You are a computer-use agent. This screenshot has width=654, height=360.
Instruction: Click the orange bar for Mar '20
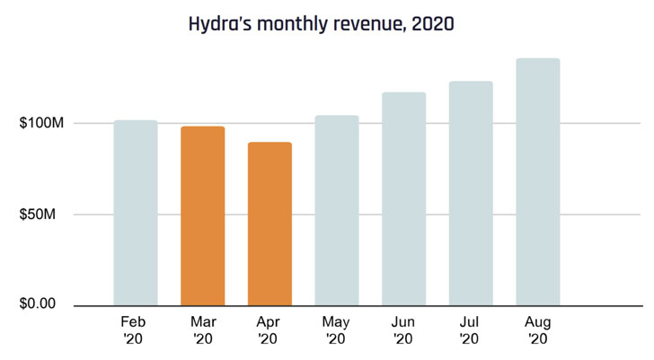[202, 215]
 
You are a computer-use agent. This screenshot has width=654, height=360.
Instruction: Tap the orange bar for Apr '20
[270, 224]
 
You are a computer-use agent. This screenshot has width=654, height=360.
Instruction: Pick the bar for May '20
[337, 210]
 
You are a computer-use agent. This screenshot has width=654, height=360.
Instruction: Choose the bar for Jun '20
[403, 198]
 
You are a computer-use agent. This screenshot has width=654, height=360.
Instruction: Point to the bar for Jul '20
[471, 193]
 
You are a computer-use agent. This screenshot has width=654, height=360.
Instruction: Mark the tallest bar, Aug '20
[537, 181]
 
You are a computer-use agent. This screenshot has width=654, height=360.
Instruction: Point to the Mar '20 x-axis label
[202, 329]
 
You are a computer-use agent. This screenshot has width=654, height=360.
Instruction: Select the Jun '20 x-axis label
[403, 329]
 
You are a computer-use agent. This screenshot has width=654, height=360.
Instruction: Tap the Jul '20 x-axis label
[471, 329]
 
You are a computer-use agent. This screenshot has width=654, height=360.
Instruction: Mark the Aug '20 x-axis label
[537, 329]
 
